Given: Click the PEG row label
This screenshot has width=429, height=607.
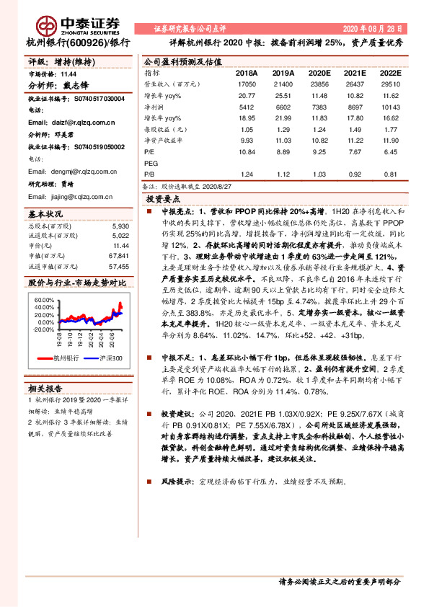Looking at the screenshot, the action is pyautogui.click(x=151, y=163).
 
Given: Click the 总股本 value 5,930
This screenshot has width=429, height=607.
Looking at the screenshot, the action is pyautogui.click(x=120, y=226).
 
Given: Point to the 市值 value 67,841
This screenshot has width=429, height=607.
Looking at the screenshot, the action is pyautogui.click(x=119, y=256).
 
